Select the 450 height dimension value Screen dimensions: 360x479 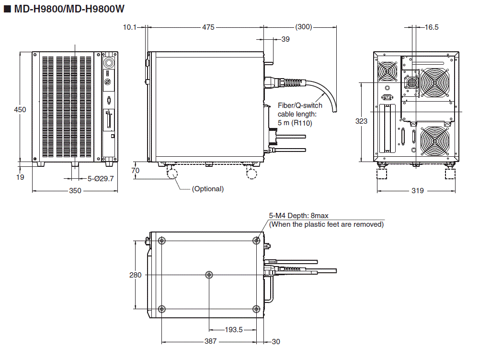coord(20,109)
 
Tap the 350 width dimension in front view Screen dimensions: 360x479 coord(75,191)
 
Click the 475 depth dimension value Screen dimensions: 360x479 coord(208,27)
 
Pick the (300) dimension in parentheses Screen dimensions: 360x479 coord(304,27)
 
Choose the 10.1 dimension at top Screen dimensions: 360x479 coord(130,27)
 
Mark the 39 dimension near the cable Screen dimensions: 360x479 coord(285,39)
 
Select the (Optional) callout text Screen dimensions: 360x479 coord(207,189)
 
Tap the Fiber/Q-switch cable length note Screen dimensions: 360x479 coord(300,114)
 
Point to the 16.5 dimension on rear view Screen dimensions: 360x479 coord(431,27)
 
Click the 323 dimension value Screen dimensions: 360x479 coord(362,121)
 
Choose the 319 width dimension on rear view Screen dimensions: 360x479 coord(417,191)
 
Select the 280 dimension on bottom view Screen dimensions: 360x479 coord(136,275)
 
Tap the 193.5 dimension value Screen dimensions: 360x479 coord(234,330)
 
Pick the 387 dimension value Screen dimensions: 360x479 coord(210,341)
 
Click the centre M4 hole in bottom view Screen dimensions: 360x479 coord(209,275)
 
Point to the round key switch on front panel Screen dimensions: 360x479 coord(108,63)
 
